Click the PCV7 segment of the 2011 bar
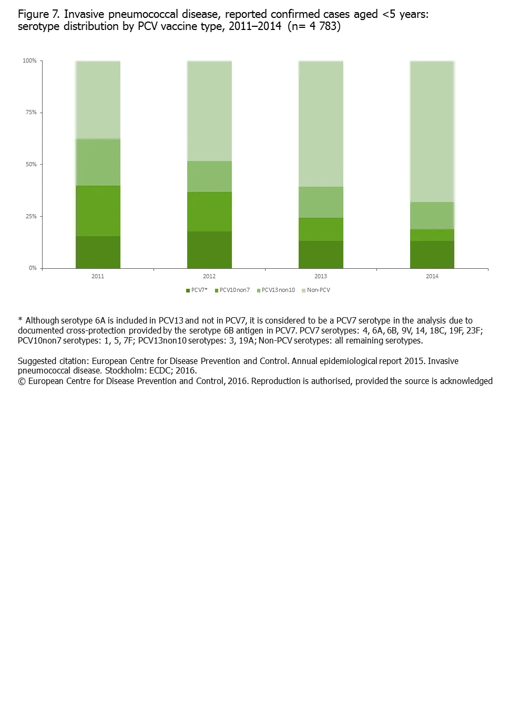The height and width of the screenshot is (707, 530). (98, 252)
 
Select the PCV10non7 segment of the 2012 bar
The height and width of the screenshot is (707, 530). (209, 211)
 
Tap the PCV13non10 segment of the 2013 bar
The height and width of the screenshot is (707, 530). (321, 202)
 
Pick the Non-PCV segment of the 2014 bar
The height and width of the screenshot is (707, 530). (432, 132)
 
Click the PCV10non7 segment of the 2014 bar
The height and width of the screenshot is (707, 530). (432, 235)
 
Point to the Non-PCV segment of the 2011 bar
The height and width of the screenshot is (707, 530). (98, 100)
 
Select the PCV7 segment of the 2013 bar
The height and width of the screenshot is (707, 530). (321, 255)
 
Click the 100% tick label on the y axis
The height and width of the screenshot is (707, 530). (29, 61)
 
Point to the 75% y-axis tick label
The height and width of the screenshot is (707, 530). (31, 113)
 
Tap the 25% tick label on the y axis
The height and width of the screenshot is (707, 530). (31, 216)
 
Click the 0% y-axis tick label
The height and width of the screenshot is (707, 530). (33, 268)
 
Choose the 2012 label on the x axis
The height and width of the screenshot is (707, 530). (209, 276)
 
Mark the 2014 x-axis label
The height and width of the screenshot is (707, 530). (432, 276)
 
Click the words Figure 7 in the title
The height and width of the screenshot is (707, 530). (38, 14)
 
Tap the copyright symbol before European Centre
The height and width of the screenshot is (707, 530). (22, 381)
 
